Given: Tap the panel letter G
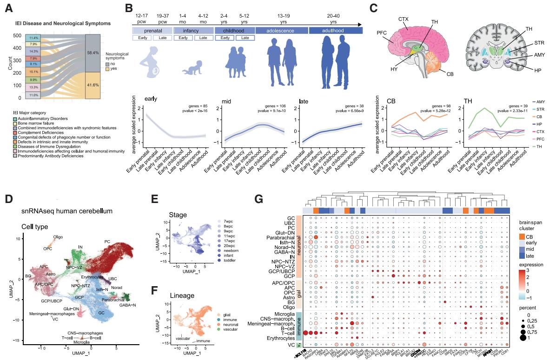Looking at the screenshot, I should click(259, 199).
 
